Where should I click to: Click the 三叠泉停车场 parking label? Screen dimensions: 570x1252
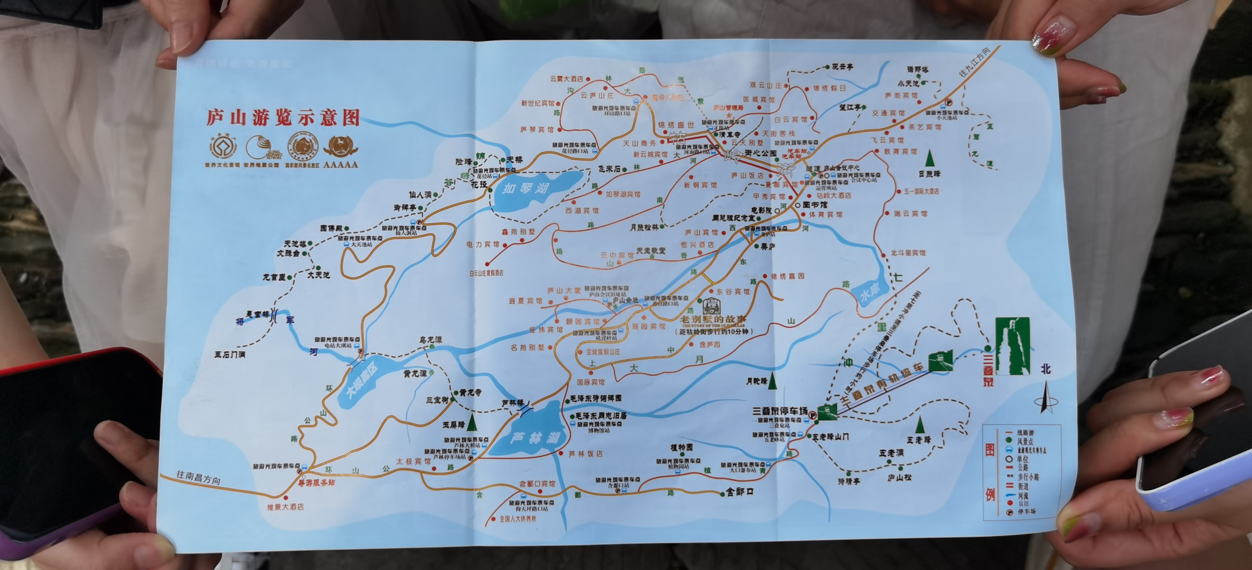click(x=780, y=411)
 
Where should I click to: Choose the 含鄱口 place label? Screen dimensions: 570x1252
click(x=740, y=492)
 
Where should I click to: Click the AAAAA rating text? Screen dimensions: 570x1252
click(x=340, y=164)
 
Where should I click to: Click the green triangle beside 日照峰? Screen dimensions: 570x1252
click(x=930, y=159)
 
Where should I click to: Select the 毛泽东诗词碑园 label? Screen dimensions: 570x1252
click(x=596, y=398)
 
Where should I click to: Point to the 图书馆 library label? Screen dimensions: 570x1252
click(x=814, y=205)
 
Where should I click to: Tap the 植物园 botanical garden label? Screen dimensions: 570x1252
click(x=681, y=448)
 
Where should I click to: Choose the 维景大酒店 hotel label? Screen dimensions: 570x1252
click(x=285, y=507)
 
